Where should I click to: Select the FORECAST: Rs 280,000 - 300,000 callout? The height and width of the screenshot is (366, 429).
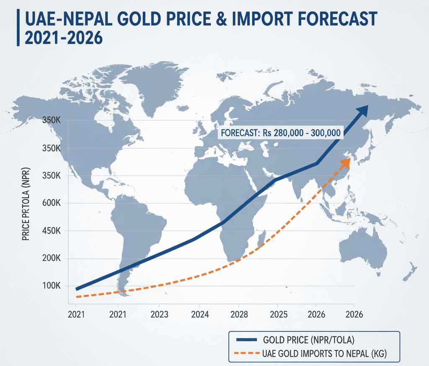pyautogui.click(x=280, y=133)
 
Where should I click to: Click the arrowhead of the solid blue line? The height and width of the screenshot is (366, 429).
pyautogui.click(x=361, y=110)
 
